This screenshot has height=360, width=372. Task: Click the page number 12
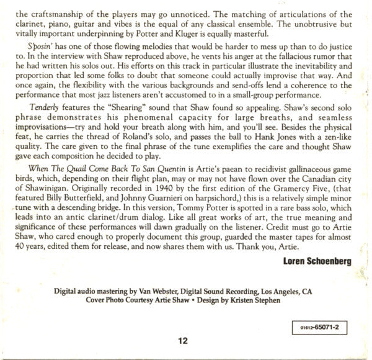[182, 341]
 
